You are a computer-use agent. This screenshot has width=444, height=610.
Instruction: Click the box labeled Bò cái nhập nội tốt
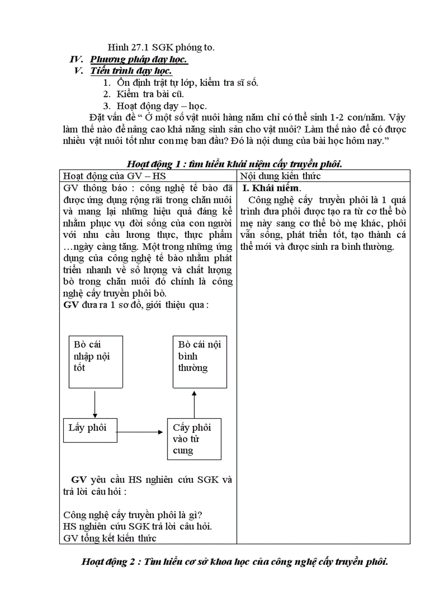[95, 362]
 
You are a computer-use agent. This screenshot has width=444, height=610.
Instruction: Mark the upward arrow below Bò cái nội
[194, 404]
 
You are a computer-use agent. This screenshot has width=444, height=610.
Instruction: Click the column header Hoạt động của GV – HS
[107, 176]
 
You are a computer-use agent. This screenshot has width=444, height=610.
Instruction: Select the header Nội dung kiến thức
[281, 176]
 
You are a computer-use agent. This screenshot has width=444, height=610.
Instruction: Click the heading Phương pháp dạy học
[138, 59]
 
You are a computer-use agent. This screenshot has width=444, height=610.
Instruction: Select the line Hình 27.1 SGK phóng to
[161, 47]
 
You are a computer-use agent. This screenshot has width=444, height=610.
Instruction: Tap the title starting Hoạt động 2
[234, 561]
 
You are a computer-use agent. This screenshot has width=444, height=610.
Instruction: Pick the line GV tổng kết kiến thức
[110, 538]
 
